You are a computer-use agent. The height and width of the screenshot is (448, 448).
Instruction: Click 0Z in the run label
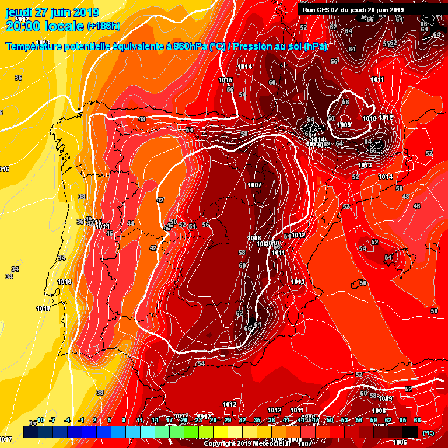(337, 10)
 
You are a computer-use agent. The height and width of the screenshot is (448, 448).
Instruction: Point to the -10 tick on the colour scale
(40, 420)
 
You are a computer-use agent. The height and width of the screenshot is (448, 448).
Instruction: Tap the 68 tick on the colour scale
(417, 420)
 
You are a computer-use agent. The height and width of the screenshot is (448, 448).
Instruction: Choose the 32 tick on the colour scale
(242, 420)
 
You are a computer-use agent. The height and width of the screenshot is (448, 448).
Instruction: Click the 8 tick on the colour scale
(124, 420)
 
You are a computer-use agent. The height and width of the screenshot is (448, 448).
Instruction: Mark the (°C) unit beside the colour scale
(428, 433)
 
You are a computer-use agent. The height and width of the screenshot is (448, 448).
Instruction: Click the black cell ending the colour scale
(410, 431)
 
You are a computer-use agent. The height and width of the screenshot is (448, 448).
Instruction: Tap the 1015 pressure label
(226, 80)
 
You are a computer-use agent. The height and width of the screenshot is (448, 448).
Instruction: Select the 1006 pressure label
(400, 442)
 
